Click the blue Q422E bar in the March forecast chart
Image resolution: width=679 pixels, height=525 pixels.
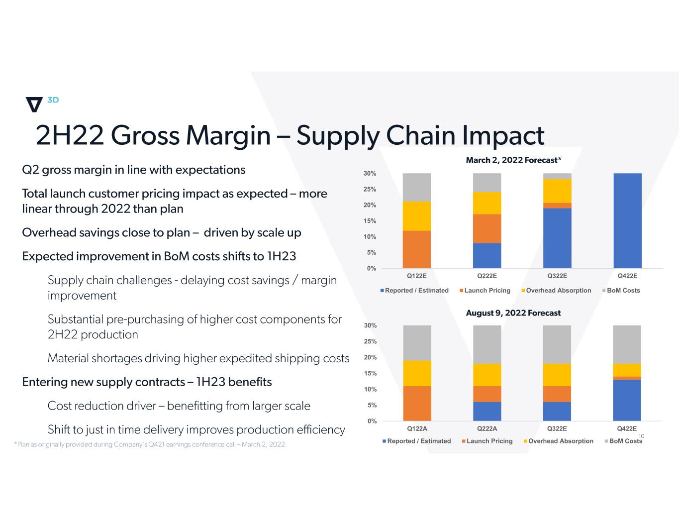[627, 220]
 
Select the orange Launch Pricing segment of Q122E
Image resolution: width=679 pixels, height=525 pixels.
[416, 249]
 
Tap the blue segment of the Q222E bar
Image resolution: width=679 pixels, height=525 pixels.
[486, 255]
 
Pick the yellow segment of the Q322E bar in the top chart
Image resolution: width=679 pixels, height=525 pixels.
[557, 191]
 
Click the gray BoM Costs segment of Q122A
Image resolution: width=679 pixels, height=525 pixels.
[417, 343]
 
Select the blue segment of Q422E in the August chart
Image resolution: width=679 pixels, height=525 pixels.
[627, 400]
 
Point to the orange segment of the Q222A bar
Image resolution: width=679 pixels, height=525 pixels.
[487, 394]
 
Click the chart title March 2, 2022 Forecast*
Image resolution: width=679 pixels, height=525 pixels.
[513, 160]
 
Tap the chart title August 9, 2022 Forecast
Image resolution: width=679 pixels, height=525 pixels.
[513, 313]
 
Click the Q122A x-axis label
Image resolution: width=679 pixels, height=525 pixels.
[417, 428]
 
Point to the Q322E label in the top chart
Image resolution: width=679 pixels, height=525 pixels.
[557, 276]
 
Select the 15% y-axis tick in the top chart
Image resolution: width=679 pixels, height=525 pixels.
[370, 221]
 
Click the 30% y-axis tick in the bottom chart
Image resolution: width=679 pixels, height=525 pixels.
[370, 325]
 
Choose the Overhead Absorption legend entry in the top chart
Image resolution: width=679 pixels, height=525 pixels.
[558, 291]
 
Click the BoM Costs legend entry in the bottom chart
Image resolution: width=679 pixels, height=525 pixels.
[625, 441]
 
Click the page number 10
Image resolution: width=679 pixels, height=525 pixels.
[641, 436]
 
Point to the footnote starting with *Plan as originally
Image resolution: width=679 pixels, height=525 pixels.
[150, 444]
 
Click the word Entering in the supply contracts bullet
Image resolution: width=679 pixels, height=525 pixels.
[45, 382]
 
